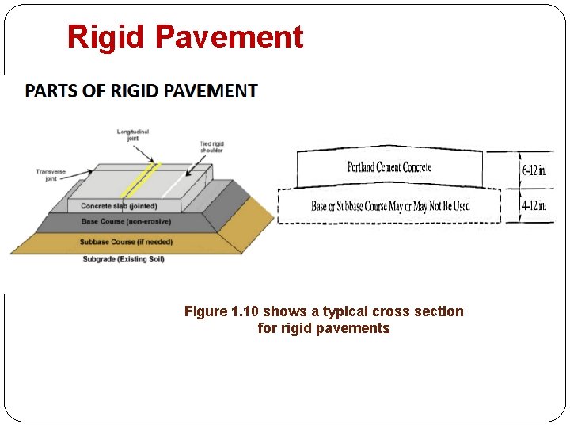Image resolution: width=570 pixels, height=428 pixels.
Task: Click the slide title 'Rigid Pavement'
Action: [x=184, y=37]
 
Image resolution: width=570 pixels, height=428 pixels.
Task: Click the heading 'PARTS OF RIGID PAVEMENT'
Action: [x=141, y=90]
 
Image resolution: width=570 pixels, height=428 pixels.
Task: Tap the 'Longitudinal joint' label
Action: [x=133, y=135]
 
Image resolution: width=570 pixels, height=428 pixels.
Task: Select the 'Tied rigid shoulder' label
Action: [x=211, y=147]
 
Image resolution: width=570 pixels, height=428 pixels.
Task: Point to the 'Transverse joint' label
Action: [x=50, y=174]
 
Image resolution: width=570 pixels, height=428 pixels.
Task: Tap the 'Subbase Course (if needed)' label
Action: [x=126, y=242]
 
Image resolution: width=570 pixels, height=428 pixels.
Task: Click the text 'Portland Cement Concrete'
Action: [x=389, y=167]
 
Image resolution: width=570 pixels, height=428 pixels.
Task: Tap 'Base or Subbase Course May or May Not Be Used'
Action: [x=390, y=206]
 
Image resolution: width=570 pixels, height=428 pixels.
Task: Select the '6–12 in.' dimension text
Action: [x=534, y=170]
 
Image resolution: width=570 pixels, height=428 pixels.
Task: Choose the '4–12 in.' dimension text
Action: [x=534, y=205]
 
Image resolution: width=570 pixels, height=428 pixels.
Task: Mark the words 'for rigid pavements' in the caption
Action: [x=324, y=328]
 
